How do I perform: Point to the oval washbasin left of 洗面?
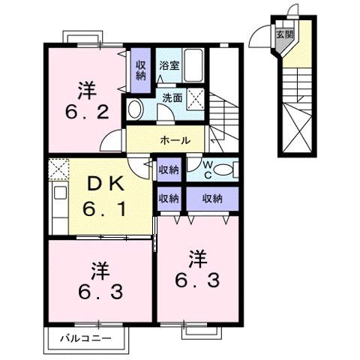tap(136, 109)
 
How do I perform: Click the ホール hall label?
tap(174, 139)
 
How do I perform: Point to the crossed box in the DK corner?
tap(58, 169)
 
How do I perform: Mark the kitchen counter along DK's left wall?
tap(58, 207)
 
